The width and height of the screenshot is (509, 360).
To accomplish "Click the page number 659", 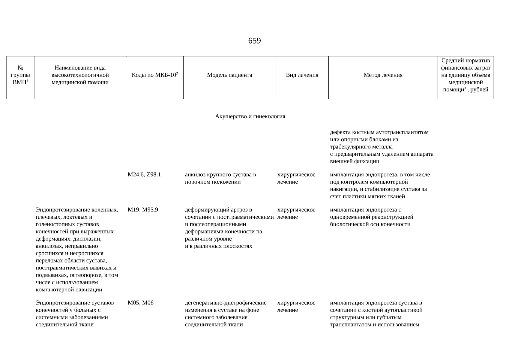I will [254, 41].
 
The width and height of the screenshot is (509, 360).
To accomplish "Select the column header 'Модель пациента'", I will [229, 75].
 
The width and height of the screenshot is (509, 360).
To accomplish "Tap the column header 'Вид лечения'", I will [302, 75].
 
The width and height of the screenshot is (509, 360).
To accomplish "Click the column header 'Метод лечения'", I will [383, 75].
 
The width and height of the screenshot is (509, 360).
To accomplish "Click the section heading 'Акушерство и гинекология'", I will [250, 116].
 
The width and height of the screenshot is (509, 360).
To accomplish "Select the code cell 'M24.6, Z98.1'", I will [144, 175].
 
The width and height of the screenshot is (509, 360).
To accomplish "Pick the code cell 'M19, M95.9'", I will [143, 210].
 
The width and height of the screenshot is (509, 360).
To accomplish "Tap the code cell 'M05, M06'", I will [141, 303].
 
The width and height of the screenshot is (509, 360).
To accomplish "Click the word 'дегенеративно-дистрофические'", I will [226, 303].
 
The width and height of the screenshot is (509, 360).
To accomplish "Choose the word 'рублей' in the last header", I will [479, 90].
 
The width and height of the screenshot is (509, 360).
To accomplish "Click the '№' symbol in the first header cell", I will [20, 68].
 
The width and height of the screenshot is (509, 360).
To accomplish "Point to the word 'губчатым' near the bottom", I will [391, 317].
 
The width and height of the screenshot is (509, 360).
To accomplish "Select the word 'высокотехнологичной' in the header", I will [80, 75].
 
